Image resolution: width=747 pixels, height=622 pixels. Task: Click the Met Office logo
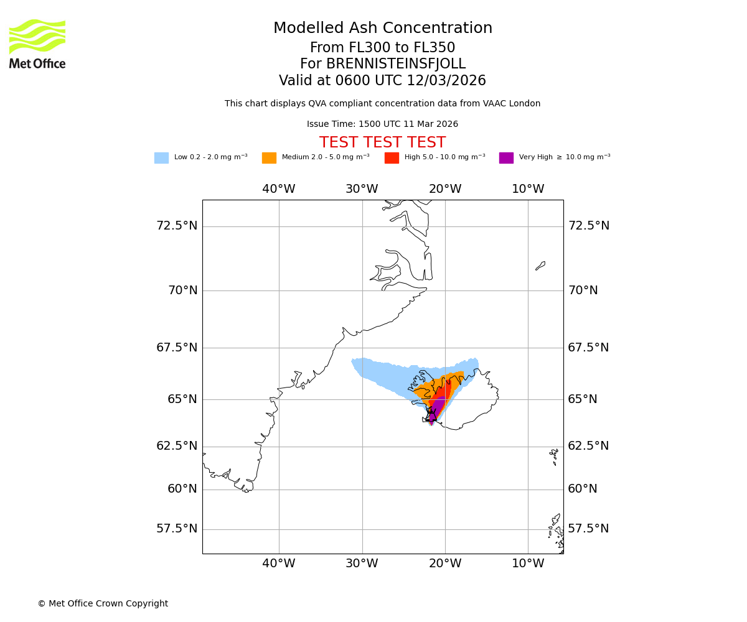coord(37,44)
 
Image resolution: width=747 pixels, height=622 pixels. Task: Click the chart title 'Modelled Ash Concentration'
coord(382,29)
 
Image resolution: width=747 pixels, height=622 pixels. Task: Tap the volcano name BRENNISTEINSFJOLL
coord(382,64)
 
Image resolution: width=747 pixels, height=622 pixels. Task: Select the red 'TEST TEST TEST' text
coord(382,142)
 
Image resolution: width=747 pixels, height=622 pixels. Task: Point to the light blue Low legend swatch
coord(161,158)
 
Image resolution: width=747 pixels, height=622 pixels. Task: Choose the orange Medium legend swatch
coord(269,158)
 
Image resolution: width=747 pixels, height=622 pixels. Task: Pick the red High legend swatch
coord(392,158)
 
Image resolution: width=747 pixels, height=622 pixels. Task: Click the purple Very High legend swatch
coord(506,158)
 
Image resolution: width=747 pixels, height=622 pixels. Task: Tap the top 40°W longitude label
coord(278,189)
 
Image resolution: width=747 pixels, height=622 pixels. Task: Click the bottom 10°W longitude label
coord(528,564)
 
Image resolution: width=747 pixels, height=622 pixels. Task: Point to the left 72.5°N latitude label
coord(177,225)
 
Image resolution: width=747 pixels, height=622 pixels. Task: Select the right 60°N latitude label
coord(583,489)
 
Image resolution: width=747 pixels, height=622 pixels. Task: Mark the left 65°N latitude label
coord(182,399)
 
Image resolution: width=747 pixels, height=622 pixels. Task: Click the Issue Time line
coord(382,124)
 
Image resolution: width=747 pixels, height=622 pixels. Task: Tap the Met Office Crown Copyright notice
coord(103,603)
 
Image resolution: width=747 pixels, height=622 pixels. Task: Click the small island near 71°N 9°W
coord(540,266)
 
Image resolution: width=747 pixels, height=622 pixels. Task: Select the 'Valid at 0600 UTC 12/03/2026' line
coord(382,81)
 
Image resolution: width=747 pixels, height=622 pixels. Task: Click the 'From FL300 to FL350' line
coord(382,48)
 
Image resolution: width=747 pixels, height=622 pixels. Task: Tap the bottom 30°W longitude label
coord(362,564)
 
